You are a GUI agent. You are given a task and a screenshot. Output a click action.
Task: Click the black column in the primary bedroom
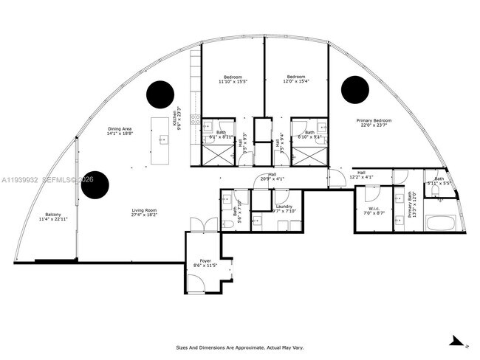coord(354,89)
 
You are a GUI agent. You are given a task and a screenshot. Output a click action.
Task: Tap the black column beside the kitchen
coord(160,94)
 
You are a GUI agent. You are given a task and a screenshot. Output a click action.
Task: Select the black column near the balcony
coord(95,185)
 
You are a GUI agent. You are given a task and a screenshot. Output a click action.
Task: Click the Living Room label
coord(144,210)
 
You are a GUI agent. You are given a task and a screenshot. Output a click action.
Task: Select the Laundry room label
coord(284,207)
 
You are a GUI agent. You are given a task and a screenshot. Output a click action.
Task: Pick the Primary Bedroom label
coord(374,121)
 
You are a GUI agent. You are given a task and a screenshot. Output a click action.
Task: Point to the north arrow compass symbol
coord(458,342)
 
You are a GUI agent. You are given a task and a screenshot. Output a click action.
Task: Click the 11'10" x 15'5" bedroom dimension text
coord(233,82)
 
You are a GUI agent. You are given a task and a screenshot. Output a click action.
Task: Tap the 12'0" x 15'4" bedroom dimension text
coord(296,82)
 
